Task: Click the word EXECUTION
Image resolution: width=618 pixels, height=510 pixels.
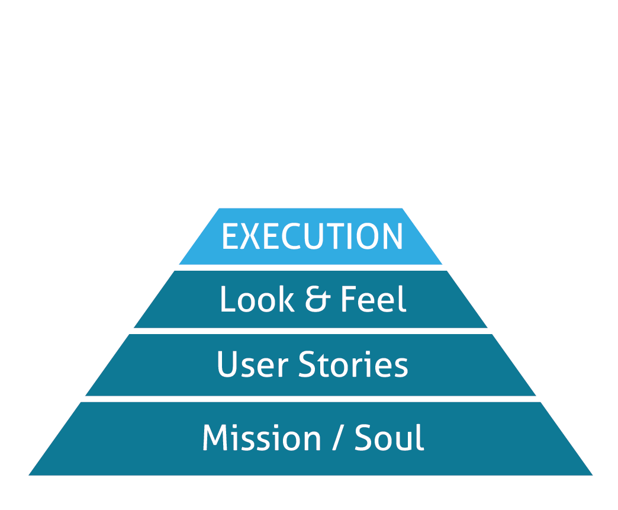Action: [x=312, y=237]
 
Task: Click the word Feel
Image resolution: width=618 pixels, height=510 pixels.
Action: [x=374, y=300]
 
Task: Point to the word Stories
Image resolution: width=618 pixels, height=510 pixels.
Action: [x=353, y=364]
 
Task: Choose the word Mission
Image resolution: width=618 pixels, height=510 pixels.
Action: [x=261, y=438]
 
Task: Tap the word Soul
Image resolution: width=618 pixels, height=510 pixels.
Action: [x=390, y=438]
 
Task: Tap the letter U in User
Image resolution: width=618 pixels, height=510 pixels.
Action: [x=228, y=364]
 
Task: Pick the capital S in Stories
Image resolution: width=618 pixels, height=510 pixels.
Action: [x=308, y=364]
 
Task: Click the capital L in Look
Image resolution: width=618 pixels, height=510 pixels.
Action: [x=227, y=300]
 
